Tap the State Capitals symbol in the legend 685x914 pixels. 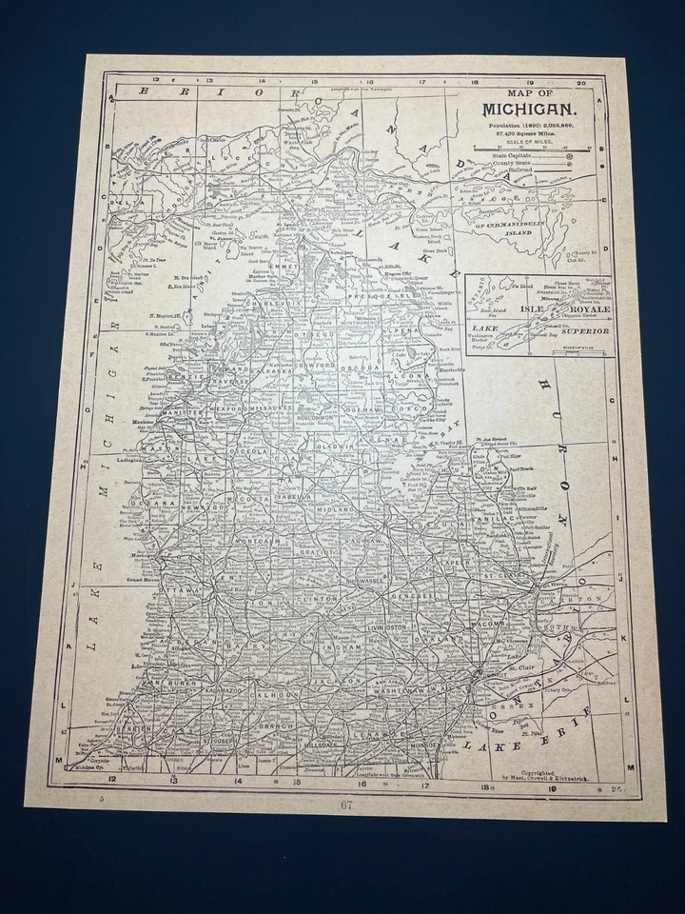coord(569,154)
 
